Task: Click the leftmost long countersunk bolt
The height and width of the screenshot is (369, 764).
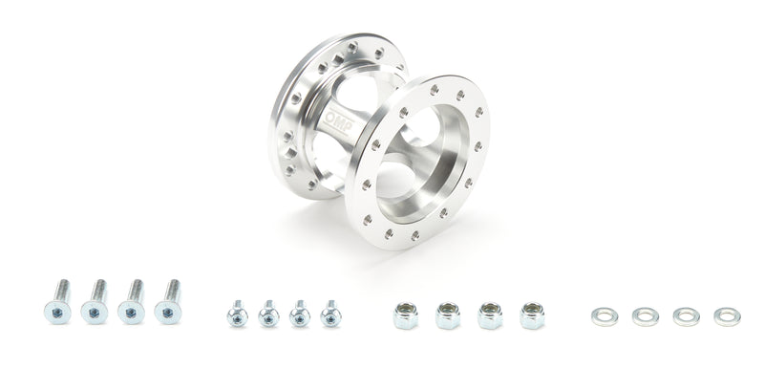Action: coord(58,301)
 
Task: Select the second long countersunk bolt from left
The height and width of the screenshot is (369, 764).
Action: coord(96,301)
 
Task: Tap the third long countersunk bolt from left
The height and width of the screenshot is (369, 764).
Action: coord(133,301)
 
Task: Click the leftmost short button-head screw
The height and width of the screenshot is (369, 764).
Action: coord(238,313)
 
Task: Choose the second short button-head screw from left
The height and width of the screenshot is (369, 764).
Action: coord(268,313)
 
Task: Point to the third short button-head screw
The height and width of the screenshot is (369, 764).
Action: coord(299,313)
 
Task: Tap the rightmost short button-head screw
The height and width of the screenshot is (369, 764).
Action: coord(330,313)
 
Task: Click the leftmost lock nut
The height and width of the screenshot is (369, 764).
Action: coord(405,315)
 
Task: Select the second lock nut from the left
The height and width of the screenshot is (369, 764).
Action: coord(447,315)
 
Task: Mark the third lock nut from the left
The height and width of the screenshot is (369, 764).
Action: coord(490,315)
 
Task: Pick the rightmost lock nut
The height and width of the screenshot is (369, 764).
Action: coord(532,315)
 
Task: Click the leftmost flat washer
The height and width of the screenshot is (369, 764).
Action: coord(604,316)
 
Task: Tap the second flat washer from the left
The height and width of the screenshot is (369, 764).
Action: coord(645,316)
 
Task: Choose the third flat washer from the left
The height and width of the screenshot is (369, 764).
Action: coord(686,316)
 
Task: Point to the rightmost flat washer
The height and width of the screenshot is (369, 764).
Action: coord(727,316)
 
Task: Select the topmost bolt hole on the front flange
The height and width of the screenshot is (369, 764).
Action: coord(435,90)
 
